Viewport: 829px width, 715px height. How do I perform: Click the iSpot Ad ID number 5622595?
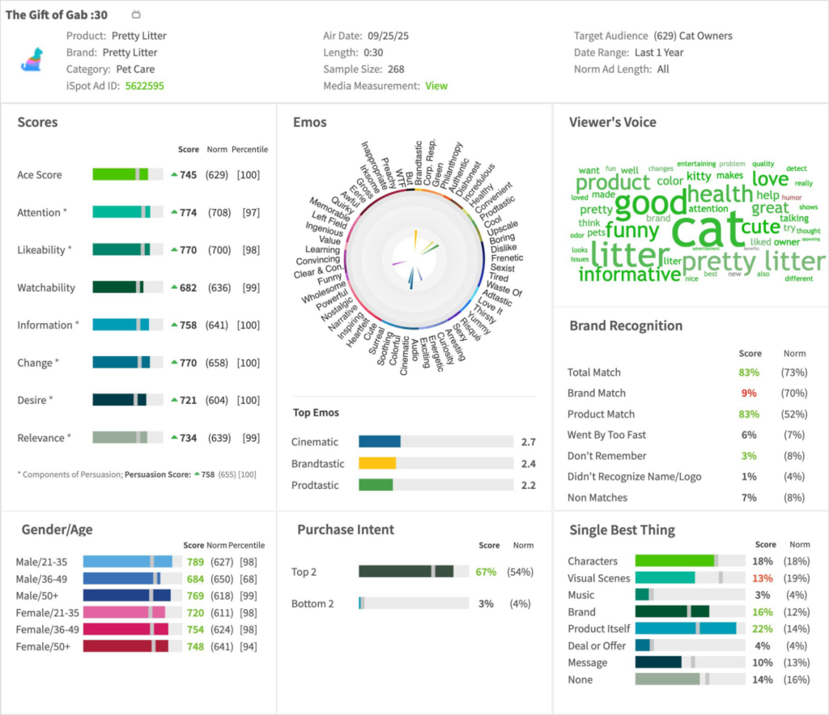[144, 86]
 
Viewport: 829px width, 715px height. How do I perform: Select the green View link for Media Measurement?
[436, 86]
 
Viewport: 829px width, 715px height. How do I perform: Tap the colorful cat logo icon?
[32, 59]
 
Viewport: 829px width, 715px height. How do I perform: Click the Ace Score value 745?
[188, 175]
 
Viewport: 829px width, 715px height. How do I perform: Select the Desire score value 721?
[188, 400]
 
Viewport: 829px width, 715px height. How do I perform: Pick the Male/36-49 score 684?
[194, 579]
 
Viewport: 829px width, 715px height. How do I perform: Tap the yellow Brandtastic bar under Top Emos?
[377, 464]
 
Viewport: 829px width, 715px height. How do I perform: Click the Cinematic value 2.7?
[529, 442]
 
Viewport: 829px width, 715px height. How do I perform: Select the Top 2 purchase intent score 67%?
[486, 572]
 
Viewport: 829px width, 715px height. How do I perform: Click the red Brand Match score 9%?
[750, 394]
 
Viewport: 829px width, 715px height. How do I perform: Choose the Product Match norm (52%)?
[794, 415]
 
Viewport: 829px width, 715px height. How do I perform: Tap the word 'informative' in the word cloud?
[629, 275]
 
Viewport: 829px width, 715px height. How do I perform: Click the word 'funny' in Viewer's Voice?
[631, 231]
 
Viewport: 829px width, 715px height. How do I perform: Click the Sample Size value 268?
[396, 70]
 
